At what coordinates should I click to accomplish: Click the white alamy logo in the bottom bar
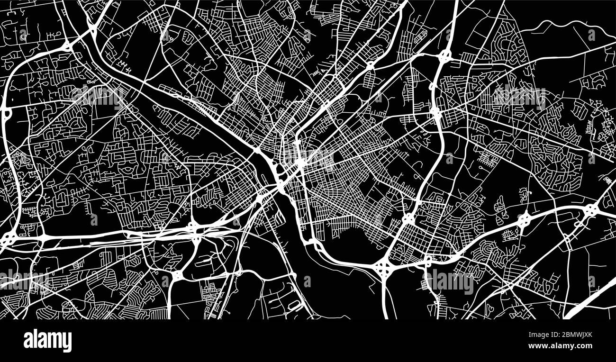pyautogui.click(x=48, y=341)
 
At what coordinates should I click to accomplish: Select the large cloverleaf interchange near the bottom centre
pyautogui.click(x=383, y=268)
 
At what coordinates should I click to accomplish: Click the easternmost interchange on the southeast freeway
pyautogui.click(x=591, y=209)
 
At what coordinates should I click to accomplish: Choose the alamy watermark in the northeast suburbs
pyautogui.click(x=519, y=97)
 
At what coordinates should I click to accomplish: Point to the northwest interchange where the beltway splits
pyautogui.click(x=68, y=46)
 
